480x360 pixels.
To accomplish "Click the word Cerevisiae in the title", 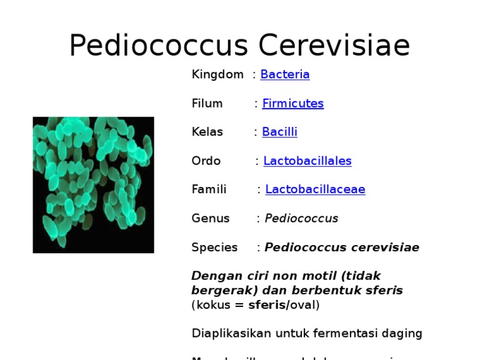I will pos(334,46).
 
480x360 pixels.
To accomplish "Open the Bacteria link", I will pos(285,74).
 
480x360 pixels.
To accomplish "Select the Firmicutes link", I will pos(292,103).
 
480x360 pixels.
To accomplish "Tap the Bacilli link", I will pos(279,132).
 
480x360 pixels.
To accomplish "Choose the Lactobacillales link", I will pos(307,161).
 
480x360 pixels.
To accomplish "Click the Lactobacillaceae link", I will pos(315,189).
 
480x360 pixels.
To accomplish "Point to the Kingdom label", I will pos(217,74).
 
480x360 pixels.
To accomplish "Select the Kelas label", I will pos(207,132).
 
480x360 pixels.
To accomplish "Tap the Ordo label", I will pos(206,161).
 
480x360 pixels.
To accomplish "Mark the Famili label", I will pos(209,189).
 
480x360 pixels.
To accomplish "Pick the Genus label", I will pos(211,218).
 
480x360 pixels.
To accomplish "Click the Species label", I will pos(214,247).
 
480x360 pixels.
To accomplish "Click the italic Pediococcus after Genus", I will pos(301,218).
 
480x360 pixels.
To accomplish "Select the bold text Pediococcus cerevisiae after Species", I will pos(342,247).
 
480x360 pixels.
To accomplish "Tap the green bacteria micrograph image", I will pos(93,184).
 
